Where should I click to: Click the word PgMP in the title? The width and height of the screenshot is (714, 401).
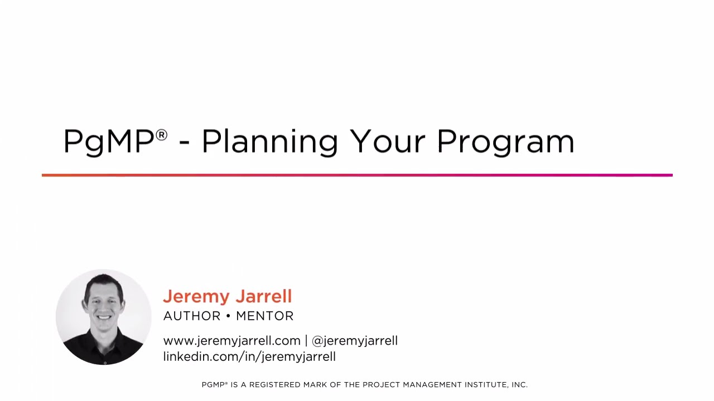click(x=108, y=141)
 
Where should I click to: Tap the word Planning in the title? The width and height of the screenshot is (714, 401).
click(x=269, y=141)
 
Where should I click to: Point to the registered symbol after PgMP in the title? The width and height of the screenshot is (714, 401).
click(x=161, y=135)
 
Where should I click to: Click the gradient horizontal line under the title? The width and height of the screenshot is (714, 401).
click(x=357, y=175)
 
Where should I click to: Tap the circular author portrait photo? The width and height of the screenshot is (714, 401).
click(x=104, y=317)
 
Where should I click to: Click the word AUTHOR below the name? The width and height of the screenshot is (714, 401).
click(x=192, y=316)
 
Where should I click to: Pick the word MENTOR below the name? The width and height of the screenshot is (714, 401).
click(x=265, y=316)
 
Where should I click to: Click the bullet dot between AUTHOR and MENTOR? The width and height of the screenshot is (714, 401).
click(x=228, y=316)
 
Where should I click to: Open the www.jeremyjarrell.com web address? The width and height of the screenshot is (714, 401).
click(x=231, y=341)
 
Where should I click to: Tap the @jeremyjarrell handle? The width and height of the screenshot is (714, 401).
click(x=355, y=341)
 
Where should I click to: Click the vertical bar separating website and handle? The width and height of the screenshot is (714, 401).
click(x=306, y=341)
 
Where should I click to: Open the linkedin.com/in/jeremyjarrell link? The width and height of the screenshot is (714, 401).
click(x=249, y=357)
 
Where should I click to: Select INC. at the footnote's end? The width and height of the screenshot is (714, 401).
click(x=519, y=385)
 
